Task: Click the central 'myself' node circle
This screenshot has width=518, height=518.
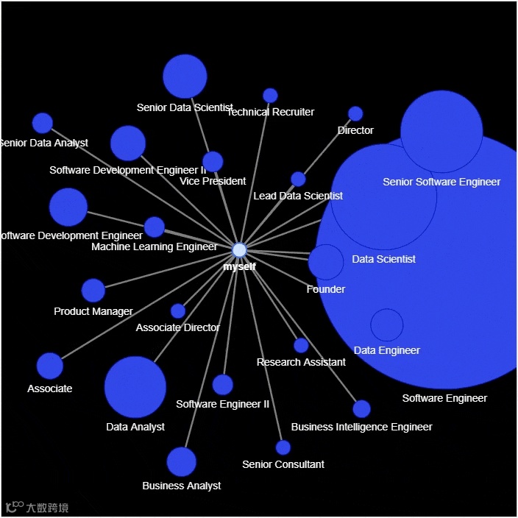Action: [239, 249]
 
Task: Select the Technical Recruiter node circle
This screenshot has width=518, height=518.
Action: [270, 96]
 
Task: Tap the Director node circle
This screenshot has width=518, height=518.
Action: [355, 113]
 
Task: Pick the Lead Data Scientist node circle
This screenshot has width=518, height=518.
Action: [298, 179]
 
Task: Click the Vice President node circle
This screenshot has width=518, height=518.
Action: [213, 162]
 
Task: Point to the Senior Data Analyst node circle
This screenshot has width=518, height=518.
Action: [43, 123]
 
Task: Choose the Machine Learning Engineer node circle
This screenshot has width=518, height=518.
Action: [155, 227]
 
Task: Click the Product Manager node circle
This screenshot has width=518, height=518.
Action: [93, 291]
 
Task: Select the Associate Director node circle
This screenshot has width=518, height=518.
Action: [178, 311]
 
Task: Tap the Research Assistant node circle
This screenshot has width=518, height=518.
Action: [301, 345]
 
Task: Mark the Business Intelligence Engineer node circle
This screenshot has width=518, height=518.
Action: [361, 409]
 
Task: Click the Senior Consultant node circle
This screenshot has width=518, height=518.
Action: [283, 447]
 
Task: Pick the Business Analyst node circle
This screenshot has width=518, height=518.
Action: [182, 462]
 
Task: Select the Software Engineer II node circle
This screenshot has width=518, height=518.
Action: [223, 385]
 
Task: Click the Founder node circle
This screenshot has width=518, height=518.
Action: [326, 263]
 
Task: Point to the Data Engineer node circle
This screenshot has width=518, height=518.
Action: [387, 325]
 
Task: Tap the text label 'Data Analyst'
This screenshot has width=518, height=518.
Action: [135, 427]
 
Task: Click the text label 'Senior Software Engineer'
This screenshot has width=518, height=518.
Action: [441, 182]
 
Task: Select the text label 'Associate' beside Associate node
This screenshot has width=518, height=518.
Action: [50, 388]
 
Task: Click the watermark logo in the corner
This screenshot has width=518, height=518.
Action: [37, 508]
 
